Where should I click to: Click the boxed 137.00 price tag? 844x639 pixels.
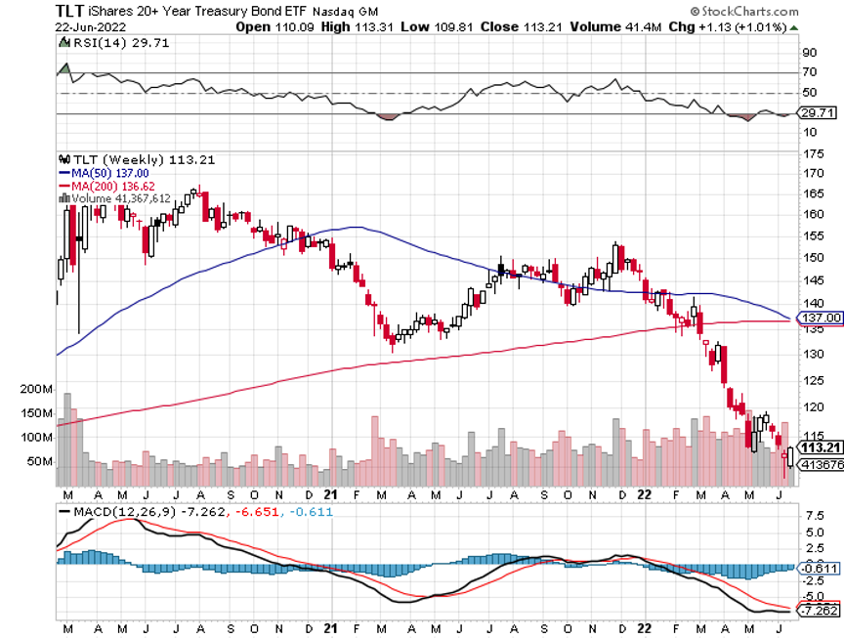click(x=820, y=318)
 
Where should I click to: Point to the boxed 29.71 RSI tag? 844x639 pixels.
click(x=818, y=113)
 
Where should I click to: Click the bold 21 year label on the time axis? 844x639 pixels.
click(x=330, y=494)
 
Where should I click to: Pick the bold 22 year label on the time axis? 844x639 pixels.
click(x=645, y=494)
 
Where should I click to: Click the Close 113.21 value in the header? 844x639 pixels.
click(x=498, y=26)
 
